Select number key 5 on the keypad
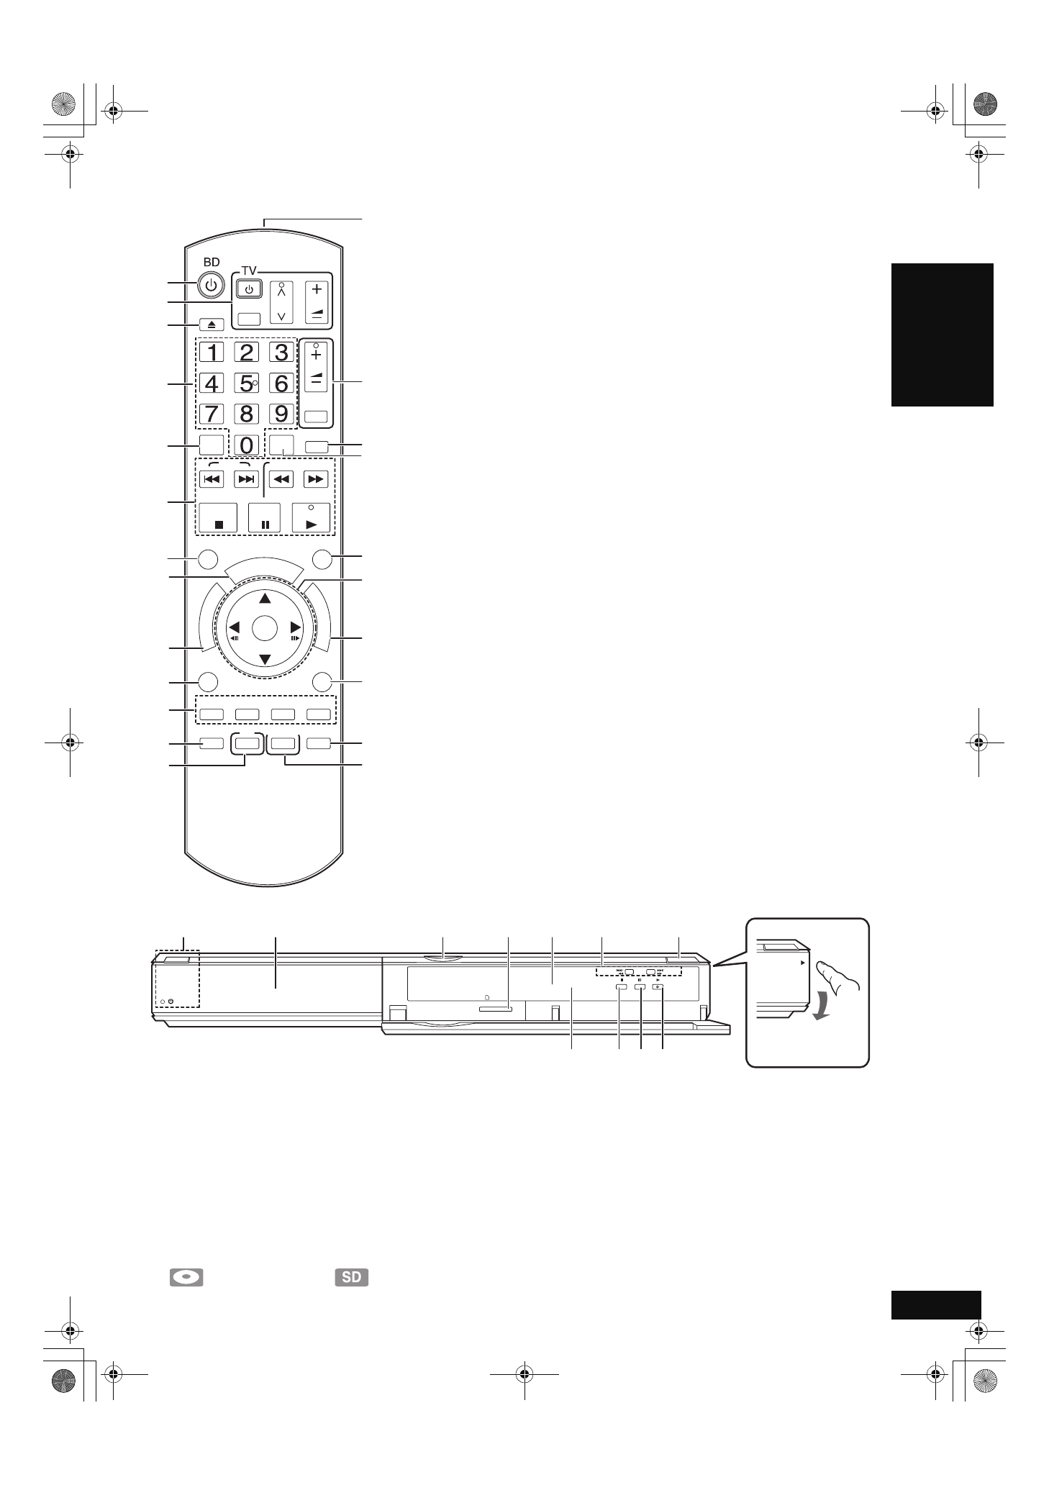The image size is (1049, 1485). point(247,383)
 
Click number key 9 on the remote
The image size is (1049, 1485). point(281,414)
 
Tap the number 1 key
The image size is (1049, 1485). point(212,352)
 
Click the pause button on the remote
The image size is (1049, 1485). point(265,518)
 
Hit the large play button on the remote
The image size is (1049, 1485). point(311,518)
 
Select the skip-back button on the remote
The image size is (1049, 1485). point(212,478)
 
